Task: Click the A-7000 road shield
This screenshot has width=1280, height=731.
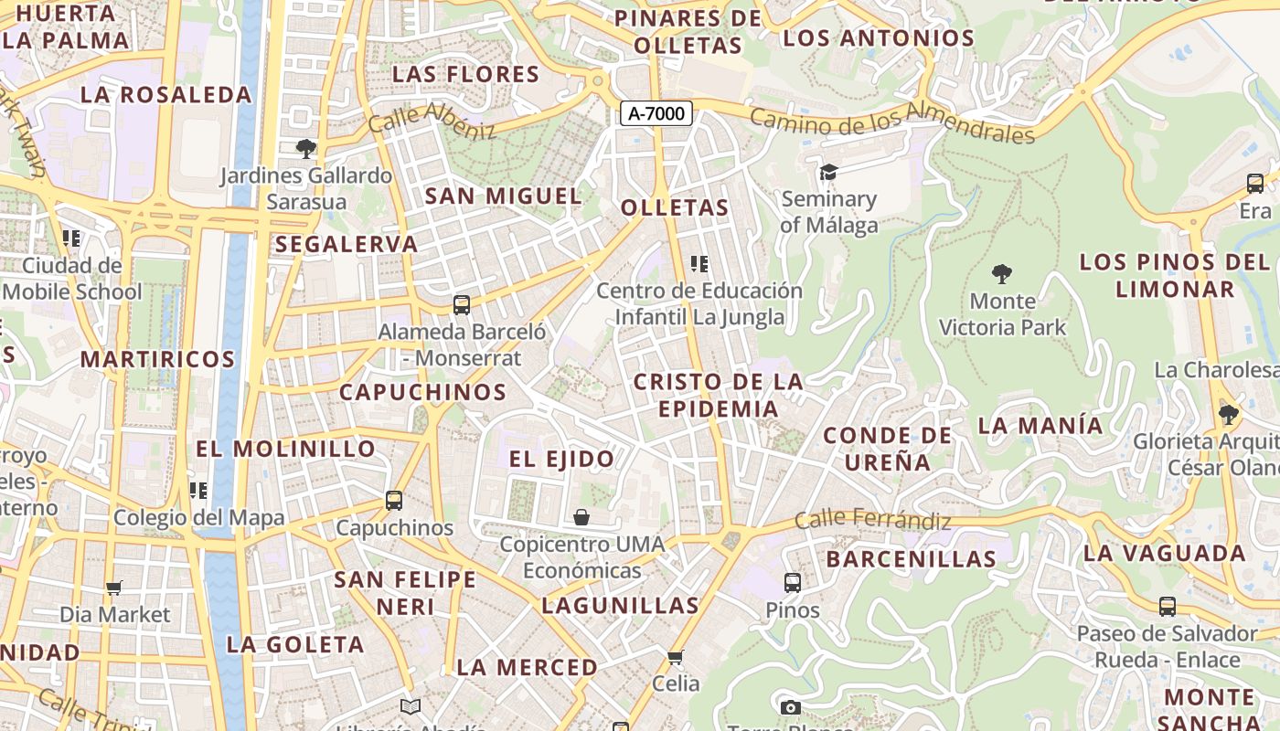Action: pyautogui.click(x=656, y=113)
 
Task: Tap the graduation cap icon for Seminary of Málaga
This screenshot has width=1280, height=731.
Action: pyautogui.click(x=828, y=172)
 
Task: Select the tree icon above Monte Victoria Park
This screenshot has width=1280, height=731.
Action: pyautogui.click(x=1002, y=273)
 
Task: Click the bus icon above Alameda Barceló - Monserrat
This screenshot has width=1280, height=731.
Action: pyautogui.click(x=462, y=304)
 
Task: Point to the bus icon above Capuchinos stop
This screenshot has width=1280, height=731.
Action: pyautogui.click(x=394, y=501)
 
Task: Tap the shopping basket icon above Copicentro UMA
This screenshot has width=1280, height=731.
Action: pyautogui.click(x=581, y=518)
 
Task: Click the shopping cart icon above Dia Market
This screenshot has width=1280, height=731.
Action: pyautogui.click(x=114, y=588)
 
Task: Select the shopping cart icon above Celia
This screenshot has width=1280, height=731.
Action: pyautogui.click(x=676, y=657)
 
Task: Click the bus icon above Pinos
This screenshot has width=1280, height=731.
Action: pyautogui.click(x=793, y=582)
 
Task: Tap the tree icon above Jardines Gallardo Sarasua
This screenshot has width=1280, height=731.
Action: pyautogui.click(x=306, y=148)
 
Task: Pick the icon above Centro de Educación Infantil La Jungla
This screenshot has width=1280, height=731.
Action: pyautogui.click(x=699, y=264)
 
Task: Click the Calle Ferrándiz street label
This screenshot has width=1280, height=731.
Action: pyautogui.click(x=872, y=521)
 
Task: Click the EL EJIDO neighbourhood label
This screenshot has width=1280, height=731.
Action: pyautogui.click(x=561, y=459)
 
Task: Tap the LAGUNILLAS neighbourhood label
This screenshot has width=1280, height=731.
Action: pyautogui.click(x=620, y=605)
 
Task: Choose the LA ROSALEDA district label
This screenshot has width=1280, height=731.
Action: pyautogui.click(x=165, y=94)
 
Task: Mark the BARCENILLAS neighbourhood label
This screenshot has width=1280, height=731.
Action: pyautogui.click(x=911, y=558)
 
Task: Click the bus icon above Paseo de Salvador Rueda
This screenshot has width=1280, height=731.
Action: pyautogui.click(x=1168, y=606)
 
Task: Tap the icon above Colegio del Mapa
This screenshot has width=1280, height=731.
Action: pyautogui.click(x=198, y=491)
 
